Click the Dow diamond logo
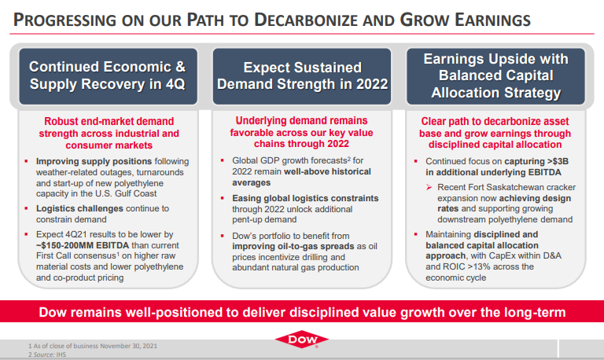click(302, 340)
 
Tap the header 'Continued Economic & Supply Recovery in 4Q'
click(108, 75)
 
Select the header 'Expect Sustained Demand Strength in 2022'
click(302, 75)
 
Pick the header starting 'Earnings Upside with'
click(495, 75)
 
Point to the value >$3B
click(558, 161)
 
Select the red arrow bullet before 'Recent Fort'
click(429, 187)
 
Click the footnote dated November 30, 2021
click(93, 346)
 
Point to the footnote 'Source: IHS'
click(47, 354)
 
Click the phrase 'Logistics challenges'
click(79, 208)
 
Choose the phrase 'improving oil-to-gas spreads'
click(293, 246)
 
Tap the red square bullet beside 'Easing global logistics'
click(223, 198)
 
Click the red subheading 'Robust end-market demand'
click(109, 121)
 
